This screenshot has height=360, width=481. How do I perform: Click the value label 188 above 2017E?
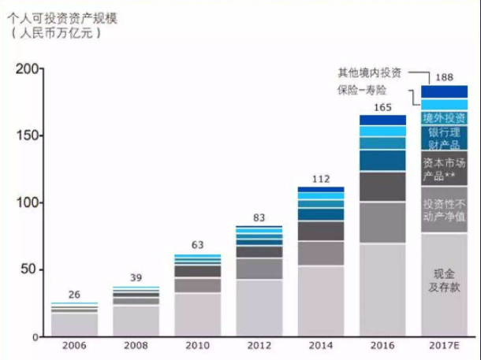445,77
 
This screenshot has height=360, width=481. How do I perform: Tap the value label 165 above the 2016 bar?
382,107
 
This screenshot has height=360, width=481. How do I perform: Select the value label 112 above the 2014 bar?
319,178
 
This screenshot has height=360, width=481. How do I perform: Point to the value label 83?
258,217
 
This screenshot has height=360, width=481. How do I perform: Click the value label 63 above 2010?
196,244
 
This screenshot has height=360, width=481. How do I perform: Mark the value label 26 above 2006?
74,294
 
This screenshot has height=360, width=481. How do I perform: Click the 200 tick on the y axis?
23,69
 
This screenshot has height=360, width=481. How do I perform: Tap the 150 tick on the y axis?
23,136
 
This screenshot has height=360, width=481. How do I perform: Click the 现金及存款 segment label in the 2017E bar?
445,280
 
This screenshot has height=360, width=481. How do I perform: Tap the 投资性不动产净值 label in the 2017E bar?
445,210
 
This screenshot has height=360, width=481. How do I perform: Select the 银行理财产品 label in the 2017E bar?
445,137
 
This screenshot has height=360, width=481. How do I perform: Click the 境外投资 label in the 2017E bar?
445,117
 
